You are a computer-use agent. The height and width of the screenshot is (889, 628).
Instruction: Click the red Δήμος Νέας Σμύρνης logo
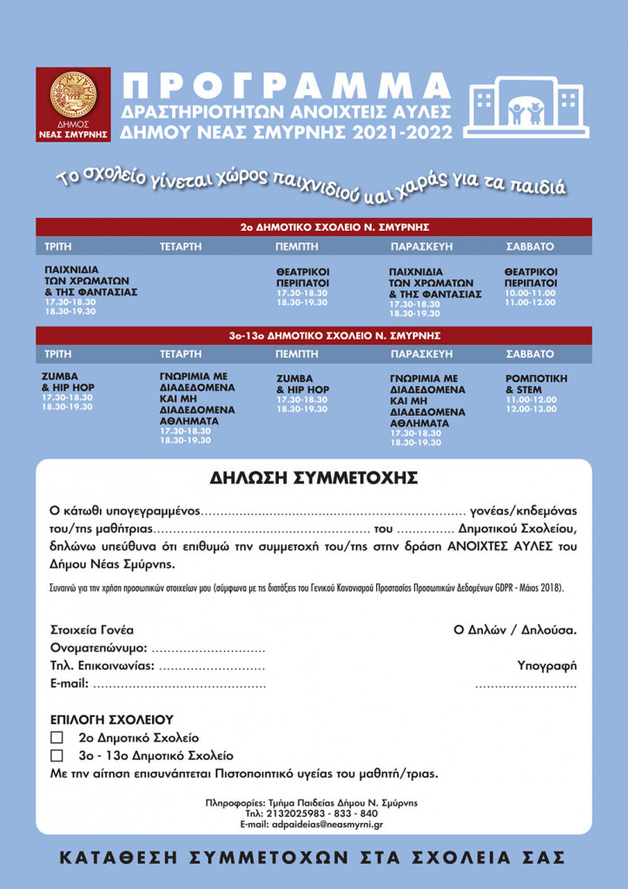pyautogui.click(x=73, y=104)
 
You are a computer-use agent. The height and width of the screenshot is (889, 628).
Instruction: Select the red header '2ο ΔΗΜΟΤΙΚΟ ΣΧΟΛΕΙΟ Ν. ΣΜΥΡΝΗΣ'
pyautogui.click(x=314, y=227)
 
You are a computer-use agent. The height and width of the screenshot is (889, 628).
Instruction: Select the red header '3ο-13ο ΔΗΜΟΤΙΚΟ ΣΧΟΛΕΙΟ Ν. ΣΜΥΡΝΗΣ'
pyautogui.click(x=314, y=335)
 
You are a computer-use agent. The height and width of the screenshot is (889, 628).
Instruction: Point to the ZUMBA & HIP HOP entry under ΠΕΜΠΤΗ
pyautogui.click(x=302, y=384)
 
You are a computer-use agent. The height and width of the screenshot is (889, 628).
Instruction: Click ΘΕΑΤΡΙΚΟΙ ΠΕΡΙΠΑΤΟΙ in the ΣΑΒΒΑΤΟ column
pyautogui.click(x=531, y=277)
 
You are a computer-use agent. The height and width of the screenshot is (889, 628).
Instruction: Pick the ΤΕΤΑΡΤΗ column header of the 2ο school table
pyautogui.click(x=181, y=247)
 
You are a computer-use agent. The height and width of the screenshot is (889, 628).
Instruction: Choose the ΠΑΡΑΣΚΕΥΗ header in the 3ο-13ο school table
pyautogui.click(x=422, y=354)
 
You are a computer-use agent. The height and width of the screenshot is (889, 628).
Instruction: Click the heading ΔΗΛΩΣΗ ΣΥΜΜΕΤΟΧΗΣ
pyautogui.click(x=314, y=478)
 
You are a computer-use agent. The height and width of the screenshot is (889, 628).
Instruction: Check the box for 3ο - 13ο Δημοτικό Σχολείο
pyautogui.click(x=57, y=756)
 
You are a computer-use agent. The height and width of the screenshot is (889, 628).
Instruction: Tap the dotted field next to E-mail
pyautogui.click(x=178, y=684)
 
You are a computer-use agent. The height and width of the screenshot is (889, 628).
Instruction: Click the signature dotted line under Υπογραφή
pyautogui.click(x=526, y=685)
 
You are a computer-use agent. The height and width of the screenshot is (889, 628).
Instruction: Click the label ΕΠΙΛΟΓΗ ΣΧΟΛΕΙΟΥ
pyautogui.click(x=112, y=720)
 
